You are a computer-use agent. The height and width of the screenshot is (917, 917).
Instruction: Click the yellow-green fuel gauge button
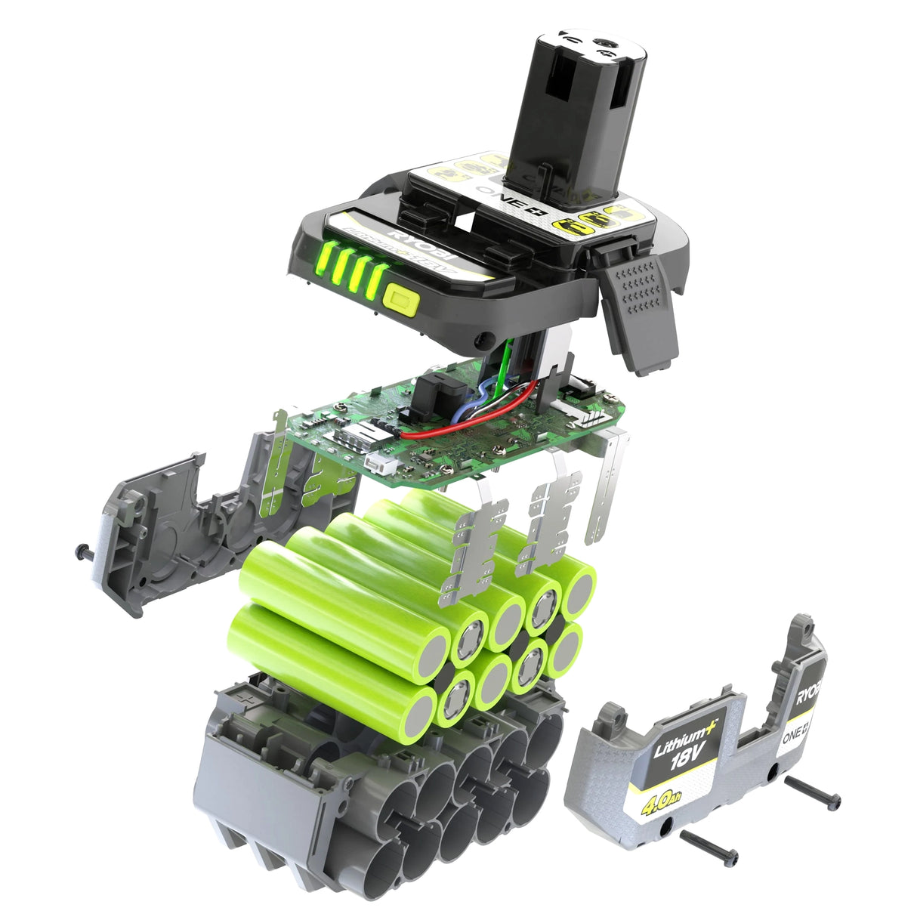point(401,300)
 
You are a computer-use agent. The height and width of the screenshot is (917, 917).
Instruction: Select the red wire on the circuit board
point(483,420)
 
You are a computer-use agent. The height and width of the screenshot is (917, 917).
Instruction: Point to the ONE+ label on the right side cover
point(798,729)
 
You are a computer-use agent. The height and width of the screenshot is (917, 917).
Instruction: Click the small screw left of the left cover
point(85,553)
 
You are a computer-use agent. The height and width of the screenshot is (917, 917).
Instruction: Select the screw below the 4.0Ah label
point(709,844)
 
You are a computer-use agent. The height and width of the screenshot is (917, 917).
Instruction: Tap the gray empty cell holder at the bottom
point(370,801)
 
